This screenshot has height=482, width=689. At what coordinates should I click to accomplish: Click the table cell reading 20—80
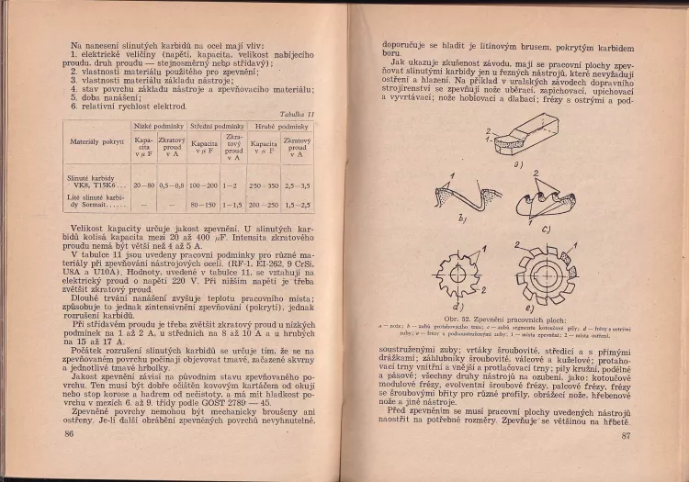(x=143, y=185)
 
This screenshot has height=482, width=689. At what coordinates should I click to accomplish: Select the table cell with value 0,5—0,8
(x=172, y=185)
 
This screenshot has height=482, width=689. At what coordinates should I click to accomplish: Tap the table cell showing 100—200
(x=204, y=185)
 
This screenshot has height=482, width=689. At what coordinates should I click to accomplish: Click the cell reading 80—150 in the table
(x=204, y=204)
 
